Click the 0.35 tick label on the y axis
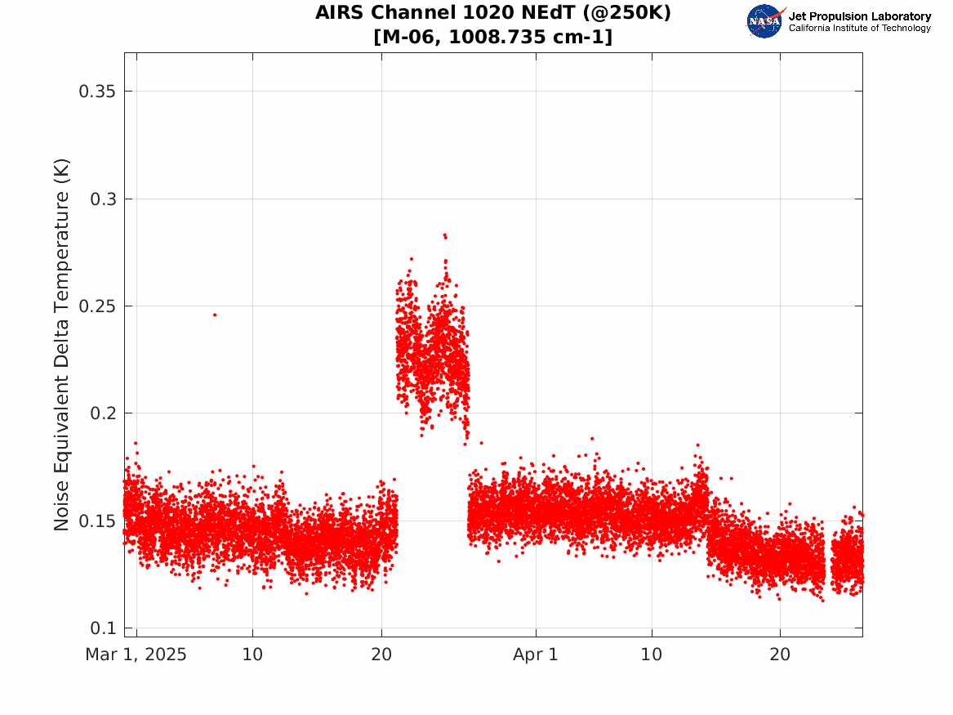(x=97, y=92)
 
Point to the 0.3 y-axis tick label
(x=103, y=199)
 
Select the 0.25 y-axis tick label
(x=97, y=306)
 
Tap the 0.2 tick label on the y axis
(x=103, y=413)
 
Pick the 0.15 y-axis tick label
(x=97, y=521)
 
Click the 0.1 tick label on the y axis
(x=103, y=628)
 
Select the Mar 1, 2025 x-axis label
(x=136, y=655)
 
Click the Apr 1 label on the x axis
(x=536, y=655)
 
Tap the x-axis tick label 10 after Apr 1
(x=652, y=655)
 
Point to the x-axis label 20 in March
(x=381, y=655)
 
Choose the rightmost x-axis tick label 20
(x=780, y=655)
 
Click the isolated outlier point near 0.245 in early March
(x=215, y=315)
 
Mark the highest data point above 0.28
(x=445, y=235)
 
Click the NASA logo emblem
(x=764, y=21)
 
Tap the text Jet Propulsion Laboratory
(x=860, y=16)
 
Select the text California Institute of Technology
(x=860, y=28)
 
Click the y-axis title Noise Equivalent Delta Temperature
(x=61, y=345)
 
